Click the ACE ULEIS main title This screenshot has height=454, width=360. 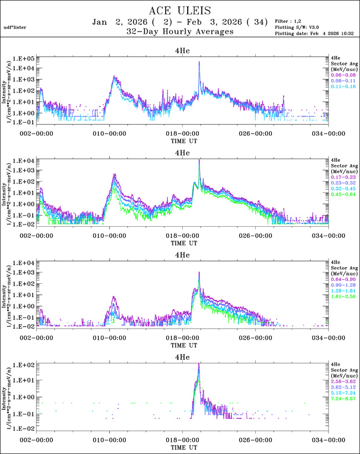[180, 11]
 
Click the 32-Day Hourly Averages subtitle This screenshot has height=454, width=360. [180, 32]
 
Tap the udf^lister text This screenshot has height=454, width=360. [14, 27]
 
